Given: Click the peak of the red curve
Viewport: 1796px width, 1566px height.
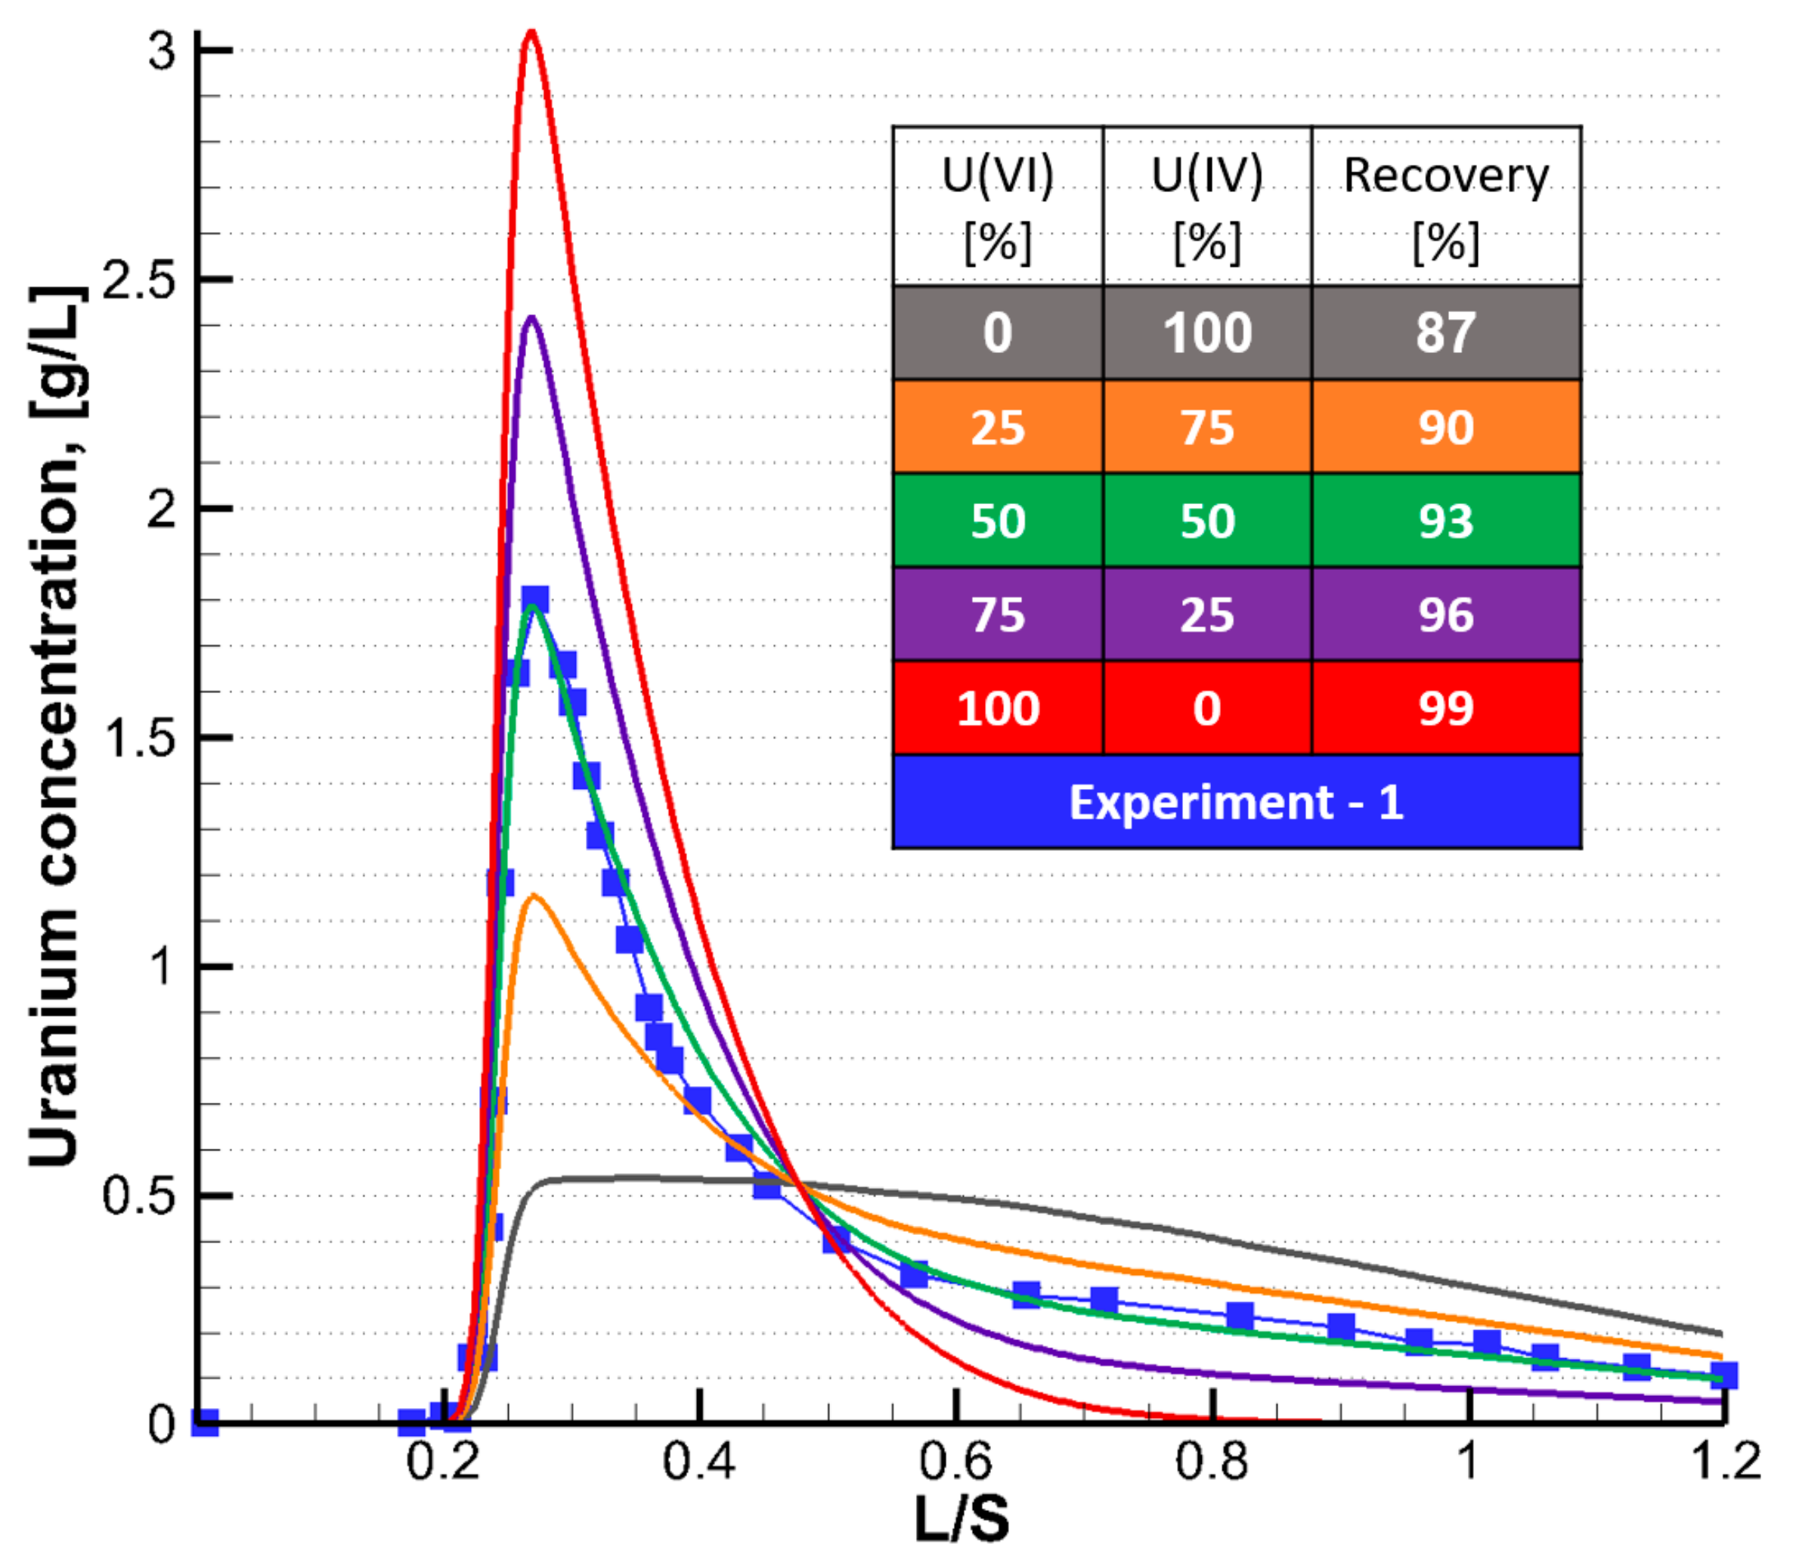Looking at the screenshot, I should click(x=531, y=33).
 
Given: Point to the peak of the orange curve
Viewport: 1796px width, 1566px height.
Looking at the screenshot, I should click(x=533, y=895).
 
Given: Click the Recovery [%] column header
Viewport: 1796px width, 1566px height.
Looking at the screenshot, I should click(x=1445, y=206).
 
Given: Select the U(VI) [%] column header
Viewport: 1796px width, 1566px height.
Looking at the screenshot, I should click(x=997, y=206).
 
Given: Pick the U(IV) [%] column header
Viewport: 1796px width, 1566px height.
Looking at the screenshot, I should click(x=1207, y=206).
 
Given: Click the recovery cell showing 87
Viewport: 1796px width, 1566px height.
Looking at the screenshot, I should click(x=1445, y=333).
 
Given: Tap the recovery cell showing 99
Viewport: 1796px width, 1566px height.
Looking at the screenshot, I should click(x=1445, y=708).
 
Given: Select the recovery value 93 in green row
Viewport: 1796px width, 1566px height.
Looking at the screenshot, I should click(x=1445, y=521).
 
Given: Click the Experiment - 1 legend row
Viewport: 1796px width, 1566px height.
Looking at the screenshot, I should click(x=1236, y=802).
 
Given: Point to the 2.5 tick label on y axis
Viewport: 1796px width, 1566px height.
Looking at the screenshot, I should click(x=139, y=280).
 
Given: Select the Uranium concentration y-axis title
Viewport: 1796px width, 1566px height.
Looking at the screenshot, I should click(x=54, y=726).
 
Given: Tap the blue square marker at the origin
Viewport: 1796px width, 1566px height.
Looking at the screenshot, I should click(x=205, y=1422).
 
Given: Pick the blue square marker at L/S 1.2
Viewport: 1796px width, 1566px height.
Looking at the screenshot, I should click(x=1723, y=1376).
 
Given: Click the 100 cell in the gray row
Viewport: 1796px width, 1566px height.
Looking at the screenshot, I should click(x=1207, y=333).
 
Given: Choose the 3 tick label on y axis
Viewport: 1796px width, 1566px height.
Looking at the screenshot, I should click(x=162, y=51).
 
